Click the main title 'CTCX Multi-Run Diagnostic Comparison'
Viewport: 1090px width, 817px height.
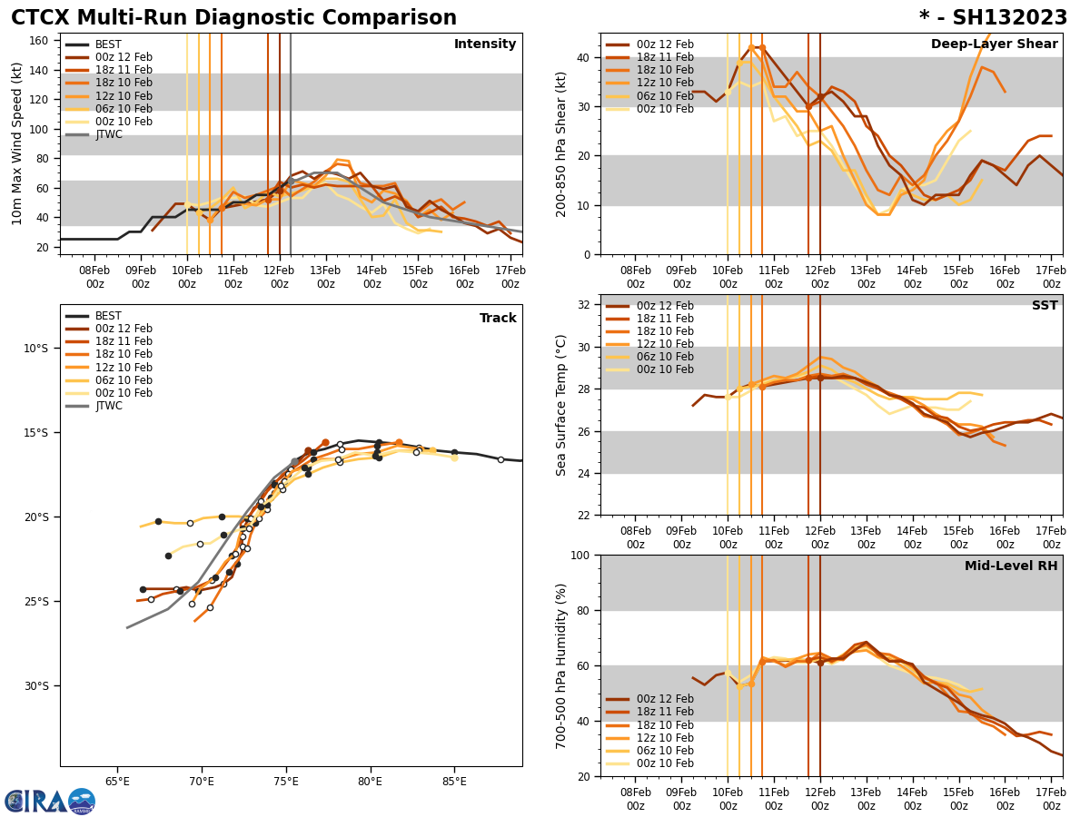[x=233, y=18]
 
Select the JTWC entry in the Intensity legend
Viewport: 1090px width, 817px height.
[x=108, y=134]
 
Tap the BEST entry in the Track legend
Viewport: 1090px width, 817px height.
[x=108, y=316]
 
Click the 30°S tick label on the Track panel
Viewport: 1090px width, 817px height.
[x=36, y=686]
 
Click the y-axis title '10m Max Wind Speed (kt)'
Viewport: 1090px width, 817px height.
[x=15, y=143]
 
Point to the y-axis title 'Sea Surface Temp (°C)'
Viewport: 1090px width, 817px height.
[x=561, y=405]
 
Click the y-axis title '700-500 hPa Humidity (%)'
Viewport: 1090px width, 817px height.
[x=561, y=665]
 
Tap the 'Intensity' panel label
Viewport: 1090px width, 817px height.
[x=485, y=44]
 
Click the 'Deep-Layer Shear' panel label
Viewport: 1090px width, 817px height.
[x=994, y=44]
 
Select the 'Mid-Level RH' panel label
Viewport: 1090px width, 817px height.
[x=1011, y=566]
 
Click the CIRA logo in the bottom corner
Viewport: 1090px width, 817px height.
[x=49, y=802]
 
